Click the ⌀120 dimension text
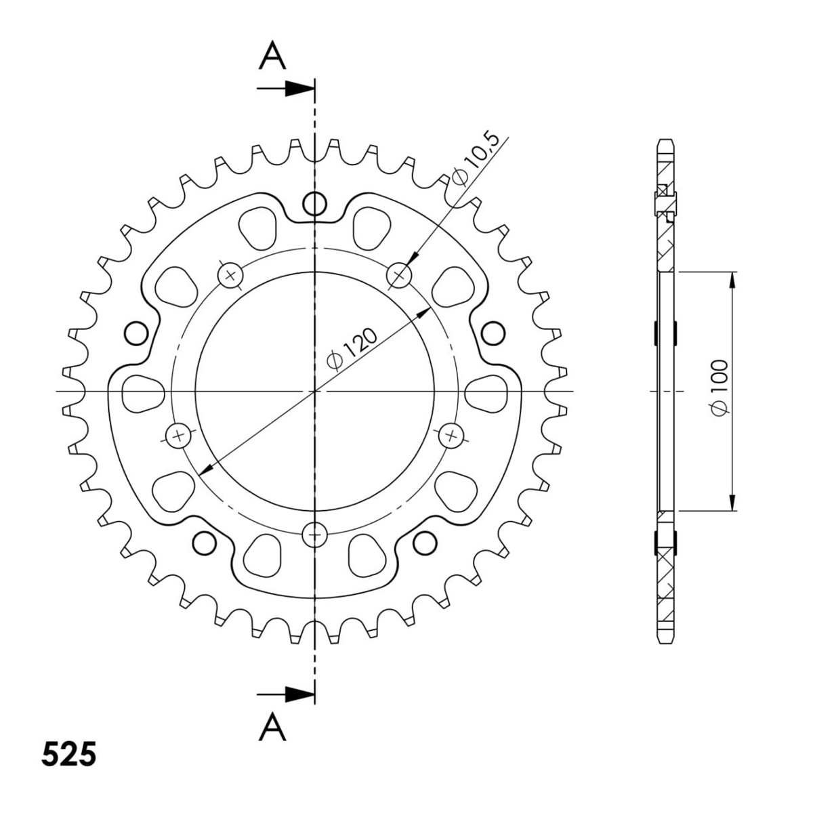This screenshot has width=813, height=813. pos(351,350)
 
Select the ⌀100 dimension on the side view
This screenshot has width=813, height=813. pos(719,388)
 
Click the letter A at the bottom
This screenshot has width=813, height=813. pos(272,726)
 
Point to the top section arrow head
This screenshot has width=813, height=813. pos(299,89)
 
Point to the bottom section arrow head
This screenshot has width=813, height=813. pos(299,694)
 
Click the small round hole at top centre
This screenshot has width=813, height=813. pos(315,205)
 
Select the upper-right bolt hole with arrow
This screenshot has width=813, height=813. pos(399,275)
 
